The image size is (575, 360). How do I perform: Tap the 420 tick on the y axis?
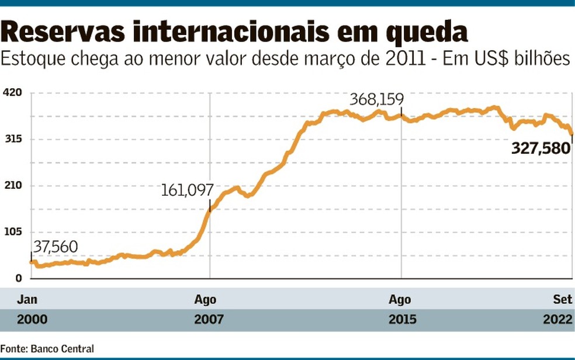pos(13,94)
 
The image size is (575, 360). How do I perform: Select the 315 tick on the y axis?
pos(13,140)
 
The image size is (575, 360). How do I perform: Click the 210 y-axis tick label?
pos(13,186)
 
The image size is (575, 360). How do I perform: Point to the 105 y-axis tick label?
pos(13,232)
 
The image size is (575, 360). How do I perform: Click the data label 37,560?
pos(55,247)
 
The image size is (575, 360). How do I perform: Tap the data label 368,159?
pos(376,99)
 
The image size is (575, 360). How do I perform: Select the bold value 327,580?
pos(541,148)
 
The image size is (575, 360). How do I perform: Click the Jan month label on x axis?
pos(27,300)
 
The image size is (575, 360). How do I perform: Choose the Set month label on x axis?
pos(563,300)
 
